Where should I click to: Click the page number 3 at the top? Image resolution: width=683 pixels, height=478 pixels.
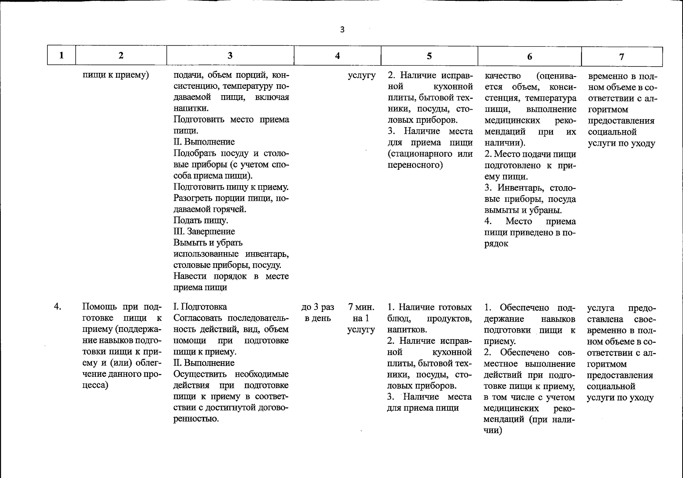tap(342, 29)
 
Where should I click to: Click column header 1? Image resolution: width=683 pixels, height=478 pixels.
tap(61, 55)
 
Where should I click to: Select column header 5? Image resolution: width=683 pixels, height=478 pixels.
tap(429, 56)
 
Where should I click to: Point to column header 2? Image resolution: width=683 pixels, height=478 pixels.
tap(121, 55)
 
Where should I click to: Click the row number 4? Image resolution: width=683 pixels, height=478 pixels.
tap(58, 307)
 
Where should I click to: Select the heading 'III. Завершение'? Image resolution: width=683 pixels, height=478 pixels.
tap(204, 231)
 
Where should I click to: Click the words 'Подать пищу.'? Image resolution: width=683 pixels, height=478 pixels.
tap(201, 220)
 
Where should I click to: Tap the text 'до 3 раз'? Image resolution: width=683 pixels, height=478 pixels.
tap(317, 307)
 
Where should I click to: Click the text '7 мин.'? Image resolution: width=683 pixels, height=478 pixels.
tap(361, 307)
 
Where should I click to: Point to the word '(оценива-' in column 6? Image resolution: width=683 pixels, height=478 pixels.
tap(556, 76)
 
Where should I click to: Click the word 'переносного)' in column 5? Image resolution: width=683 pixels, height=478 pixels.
tap(415, 165)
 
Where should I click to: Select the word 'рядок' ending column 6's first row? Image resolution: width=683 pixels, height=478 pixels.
tap(496, 244)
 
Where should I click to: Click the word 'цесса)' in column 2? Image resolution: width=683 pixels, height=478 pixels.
tap(95, 385)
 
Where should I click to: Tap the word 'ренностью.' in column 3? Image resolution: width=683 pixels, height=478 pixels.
tap(196, 419)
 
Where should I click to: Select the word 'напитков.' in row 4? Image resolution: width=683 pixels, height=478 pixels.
tap(407, 329)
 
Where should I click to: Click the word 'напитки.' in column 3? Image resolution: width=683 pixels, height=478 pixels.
tap(191, 108)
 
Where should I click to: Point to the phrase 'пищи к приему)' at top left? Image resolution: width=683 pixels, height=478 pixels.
tap(116, 75)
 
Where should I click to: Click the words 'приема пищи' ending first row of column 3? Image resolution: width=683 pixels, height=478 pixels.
tap(200, 287)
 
